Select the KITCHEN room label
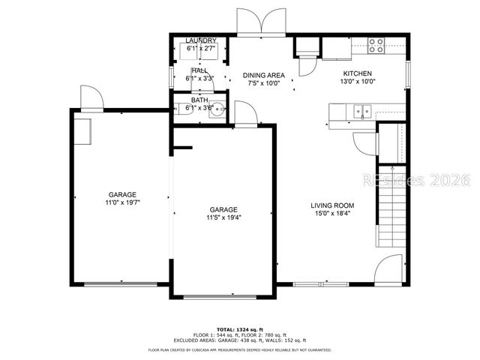point(357,73)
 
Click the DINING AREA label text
point(262,75)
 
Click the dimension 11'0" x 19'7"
point(121,202)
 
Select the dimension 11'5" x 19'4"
point(223,217)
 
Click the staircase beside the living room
point(390,206)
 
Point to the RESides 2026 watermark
point(416,181)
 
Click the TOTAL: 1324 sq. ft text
point(240,329)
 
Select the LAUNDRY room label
point(201,40)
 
